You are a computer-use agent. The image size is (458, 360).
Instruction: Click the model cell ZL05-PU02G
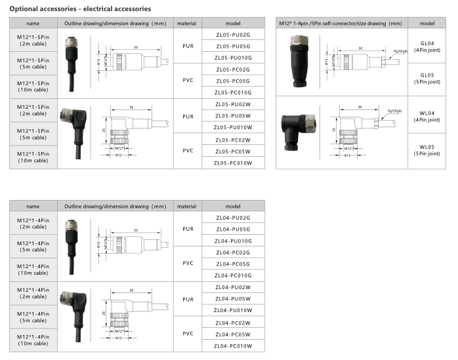233,35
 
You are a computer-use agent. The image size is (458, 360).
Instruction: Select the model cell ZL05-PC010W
233,163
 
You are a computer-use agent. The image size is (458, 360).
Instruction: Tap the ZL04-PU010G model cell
233,241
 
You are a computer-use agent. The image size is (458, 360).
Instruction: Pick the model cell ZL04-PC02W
233,323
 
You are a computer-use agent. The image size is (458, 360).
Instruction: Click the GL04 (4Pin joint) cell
427,47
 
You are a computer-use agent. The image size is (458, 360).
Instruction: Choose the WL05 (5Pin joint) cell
427,150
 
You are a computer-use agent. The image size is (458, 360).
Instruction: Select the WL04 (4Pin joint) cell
427,116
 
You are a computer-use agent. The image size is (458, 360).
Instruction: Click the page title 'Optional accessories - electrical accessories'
80,9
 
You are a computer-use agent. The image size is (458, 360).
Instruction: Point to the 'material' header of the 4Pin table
186,207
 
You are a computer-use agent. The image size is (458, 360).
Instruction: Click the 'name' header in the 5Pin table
33,24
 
